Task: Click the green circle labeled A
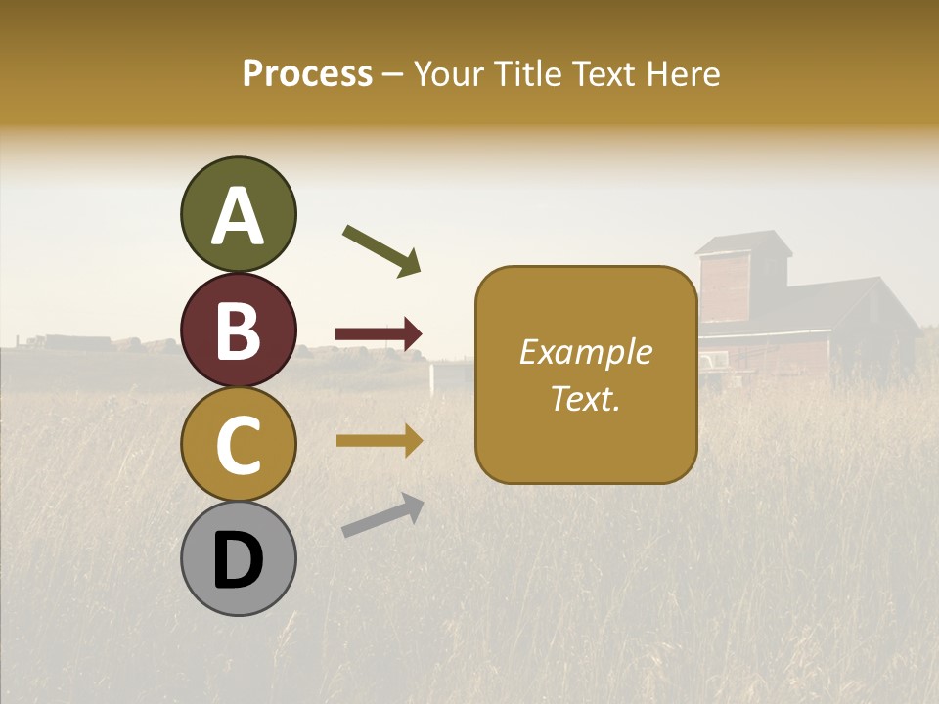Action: (x=238, y=214)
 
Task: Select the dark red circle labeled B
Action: (x=238, y=330)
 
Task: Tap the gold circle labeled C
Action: (x=238, y=444)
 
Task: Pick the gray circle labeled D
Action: (x=238, y=558)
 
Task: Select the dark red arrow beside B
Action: (x=380, y=334)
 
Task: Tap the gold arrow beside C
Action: (x=380, y=441)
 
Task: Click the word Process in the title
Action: (x=307, y=73)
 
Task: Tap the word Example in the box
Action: (x=586, y=352)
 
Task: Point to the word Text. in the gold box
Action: (x=586, y=398)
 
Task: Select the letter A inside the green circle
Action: (x=238, y=216)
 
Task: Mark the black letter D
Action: (x=238, y=560)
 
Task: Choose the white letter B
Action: (x=238, y=330)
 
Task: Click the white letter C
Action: (x=238, y=445)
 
